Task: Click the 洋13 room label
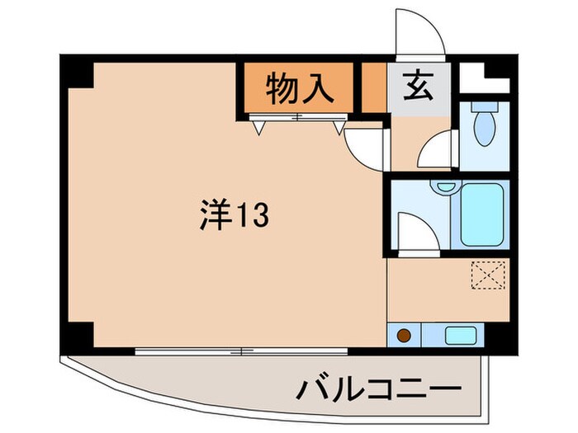pos(232,217)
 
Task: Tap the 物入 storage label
pos(299,87)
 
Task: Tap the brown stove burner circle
pos(405,336)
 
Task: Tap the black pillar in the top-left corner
pos(78,73)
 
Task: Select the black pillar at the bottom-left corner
pos(78,335)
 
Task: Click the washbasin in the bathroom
pos(447,186)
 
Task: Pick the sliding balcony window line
pos(241,351)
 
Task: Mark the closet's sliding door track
pos(298,118)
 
